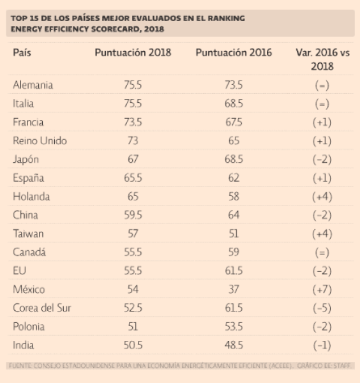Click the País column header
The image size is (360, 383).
pos(22,53)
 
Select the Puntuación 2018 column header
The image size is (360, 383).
pos(133,53)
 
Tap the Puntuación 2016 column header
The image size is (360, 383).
pos(234,53)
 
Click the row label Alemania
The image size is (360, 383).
pos(33,85)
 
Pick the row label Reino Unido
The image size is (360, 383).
pos(40,140)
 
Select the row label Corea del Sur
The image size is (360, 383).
pos(42,308)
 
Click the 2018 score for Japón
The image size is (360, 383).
pos(132,159)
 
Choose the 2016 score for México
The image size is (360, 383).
pos(234,289)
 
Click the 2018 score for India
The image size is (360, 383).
pos(132,345)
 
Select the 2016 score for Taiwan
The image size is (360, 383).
pos(234,234)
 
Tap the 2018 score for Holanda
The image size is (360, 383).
pos(132,197)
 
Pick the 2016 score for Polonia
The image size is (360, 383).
pos(234,327)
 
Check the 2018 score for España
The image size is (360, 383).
pos(132,177)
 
